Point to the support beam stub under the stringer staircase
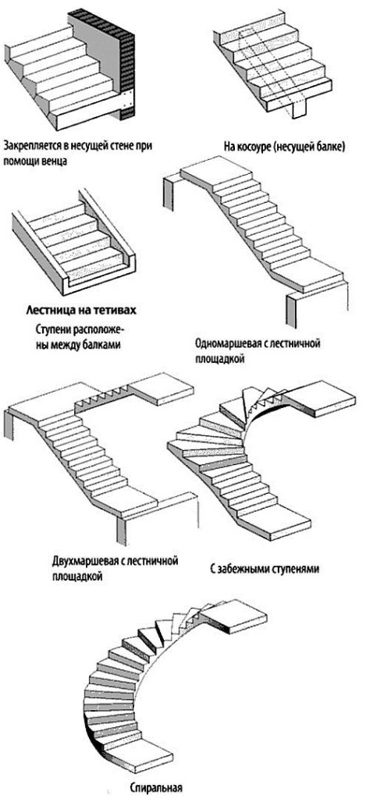(x=297, y=109)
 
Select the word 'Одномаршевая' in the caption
(x=230, y=343)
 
